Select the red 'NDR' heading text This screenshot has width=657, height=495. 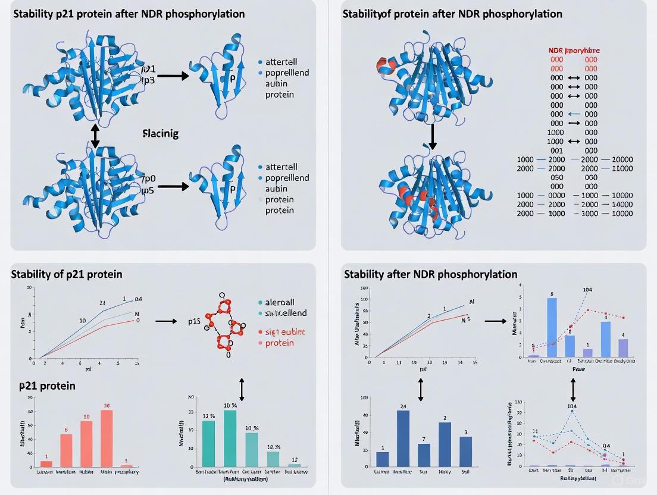pos(556,51)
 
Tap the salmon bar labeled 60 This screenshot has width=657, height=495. pos(86,443)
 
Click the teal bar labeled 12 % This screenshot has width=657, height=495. pos(209,443)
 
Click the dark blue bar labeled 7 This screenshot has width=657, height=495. pos(424,455)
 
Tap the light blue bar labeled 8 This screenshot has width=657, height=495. pos(552,327)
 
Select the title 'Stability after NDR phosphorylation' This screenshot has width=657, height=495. pos(430,274)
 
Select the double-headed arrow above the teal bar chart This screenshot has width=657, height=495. pos(242,389)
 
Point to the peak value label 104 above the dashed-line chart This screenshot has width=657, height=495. pos(572,406)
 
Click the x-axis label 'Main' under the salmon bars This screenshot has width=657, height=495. pos(107,472)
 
